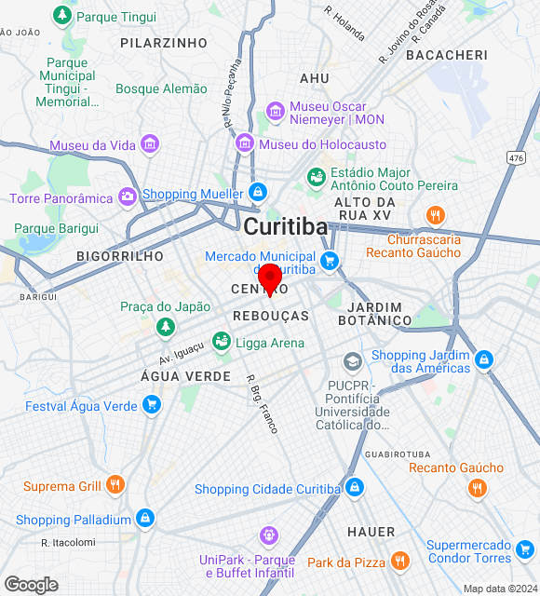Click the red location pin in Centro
pyautogui.click(x=270, y=278)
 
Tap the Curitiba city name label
pyautogui.click(x=285, y=226)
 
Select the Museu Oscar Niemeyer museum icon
pyautogui.click(x=275, y=112)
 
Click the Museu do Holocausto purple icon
pyautogui.click(x=245, y=143)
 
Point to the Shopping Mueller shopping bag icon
pyautogui.click(x=258, y=194)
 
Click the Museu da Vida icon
pyautogui.click(x=149, y=144)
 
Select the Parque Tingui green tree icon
pyautogui.click(x=62, y=15)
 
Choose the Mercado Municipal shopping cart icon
pyautogui.click(x=328, y=262)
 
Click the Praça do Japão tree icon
pyautogui.click(x=165, y=326)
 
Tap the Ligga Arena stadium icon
pyautogui.click(x=223, y=342)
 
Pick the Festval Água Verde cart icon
pyautogui.click(x=152, y=405)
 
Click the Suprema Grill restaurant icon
pyautogui.click(x=115, y=485)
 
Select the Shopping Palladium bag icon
pyautogui.click(x=144, y=519)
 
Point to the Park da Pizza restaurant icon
pyautogui.click(x=399, y=562)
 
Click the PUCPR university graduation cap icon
pyautogui.click(x=352, y=361)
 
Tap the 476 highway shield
pyautogui.click(x=516, y=158)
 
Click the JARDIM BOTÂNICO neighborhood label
pyautogui.click(x=379, y=314)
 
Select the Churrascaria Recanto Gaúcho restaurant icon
pyautogui.click(x=434, y=217)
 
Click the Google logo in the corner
pyautogui.click(x=31, y=585)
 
